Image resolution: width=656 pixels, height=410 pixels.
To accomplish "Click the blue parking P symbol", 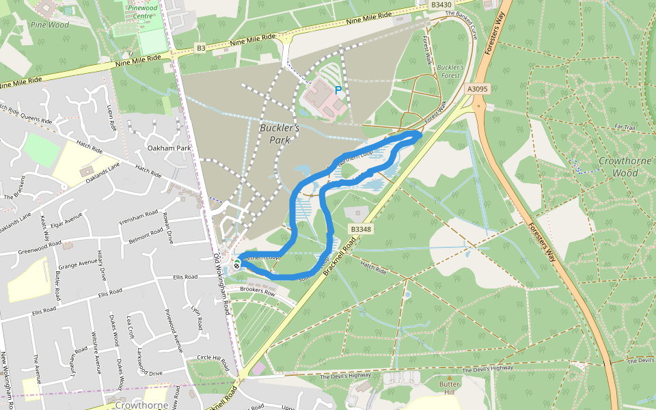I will point(338,90).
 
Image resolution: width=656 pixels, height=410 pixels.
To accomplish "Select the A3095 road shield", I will point(478,89).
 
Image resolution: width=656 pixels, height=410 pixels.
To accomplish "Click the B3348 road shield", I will point(360,230).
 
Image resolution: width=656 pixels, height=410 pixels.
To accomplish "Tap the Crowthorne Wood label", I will point(618,167).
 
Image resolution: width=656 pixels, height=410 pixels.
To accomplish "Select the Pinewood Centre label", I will point(143,12).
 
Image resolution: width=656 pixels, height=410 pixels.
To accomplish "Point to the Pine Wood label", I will point(50,25).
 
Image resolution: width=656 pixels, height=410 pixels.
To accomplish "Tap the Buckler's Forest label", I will point(450,72).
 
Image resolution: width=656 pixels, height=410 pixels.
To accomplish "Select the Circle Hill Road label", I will point(213,357).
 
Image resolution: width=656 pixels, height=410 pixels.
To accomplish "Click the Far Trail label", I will point(625,127).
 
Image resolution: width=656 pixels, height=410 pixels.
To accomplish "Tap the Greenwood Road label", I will point(41,248).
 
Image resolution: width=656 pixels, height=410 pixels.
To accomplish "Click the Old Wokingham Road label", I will point(221,284).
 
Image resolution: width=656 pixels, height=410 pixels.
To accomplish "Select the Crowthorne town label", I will point(146,405).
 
